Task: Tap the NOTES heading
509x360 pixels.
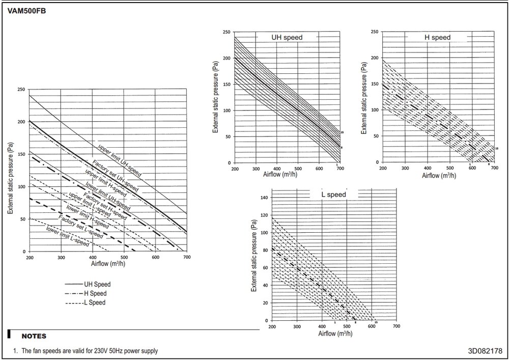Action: click(x=34, y=336)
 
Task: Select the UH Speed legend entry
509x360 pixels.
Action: click(x=97, y=284)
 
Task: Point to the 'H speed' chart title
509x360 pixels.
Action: click(x=437, y=37)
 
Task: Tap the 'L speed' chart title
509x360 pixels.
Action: click(x=333, y=195)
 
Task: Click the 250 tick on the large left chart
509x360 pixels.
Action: click(x=20, y=89)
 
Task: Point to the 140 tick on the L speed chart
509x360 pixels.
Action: click(x=263, y=198)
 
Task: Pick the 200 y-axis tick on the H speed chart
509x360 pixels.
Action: click(x=375, y=58)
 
